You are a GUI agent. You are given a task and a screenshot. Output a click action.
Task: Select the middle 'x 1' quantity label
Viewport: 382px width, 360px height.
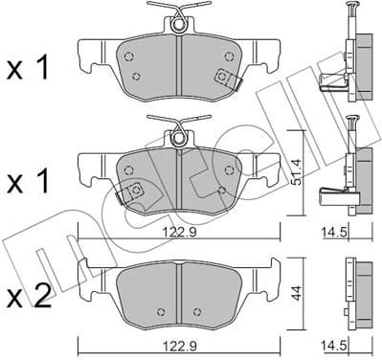[x=29, y=179]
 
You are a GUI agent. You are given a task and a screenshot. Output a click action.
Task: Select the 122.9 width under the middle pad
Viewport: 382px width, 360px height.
[x=177, y=231]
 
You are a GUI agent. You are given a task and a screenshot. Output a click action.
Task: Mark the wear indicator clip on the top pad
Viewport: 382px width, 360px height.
[x=227, y=78]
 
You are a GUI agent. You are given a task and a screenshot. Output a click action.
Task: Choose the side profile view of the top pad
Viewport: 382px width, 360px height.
[x=348, y=57]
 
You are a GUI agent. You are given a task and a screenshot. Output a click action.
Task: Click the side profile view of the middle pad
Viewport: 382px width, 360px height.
[x=348, y=168]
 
